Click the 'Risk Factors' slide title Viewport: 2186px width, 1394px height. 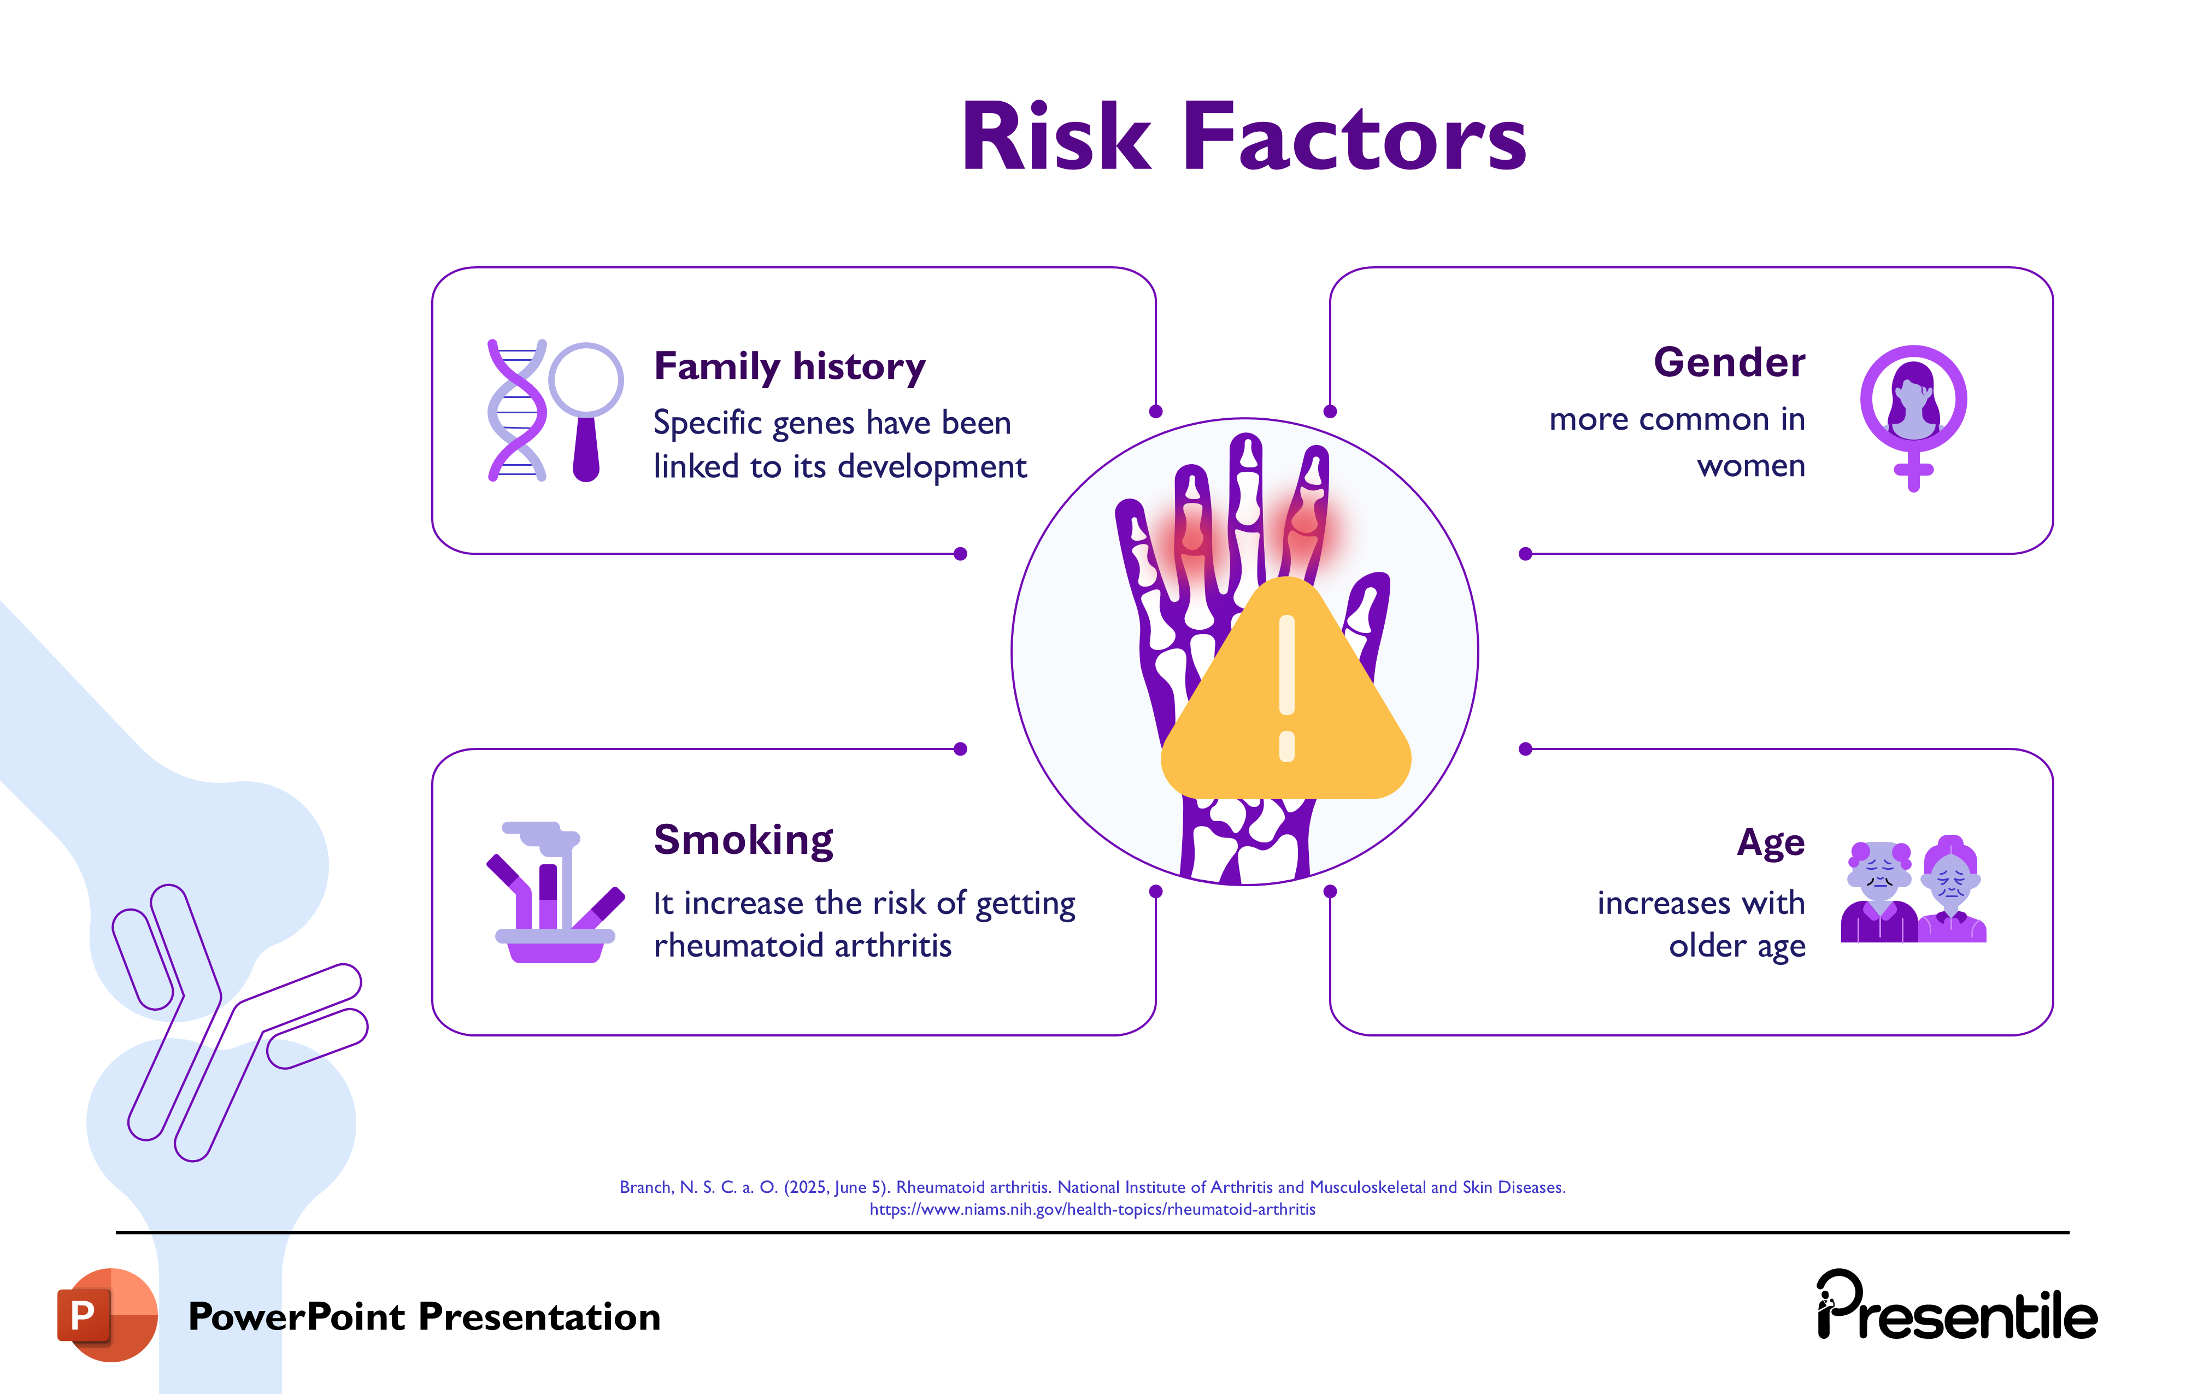pyautogui.click(x=1244, y=138)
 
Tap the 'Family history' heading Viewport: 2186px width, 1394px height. pyautogui.click(x=789, y=366)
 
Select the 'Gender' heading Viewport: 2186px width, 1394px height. pyautogui.click(x=1729, y=362)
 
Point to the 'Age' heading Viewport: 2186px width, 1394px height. pyautogui.click(x=1770, y=843)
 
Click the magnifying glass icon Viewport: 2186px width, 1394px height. pyautogui.click(x=586, y=409)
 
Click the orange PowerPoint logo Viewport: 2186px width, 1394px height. pyautogui.click(x=107, y=1314)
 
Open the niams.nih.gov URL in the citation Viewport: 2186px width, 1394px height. pyautogui.click(x=1092, y=1209)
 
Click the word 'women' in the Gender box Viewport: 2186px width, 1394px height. pyautogui.click(x=1750, y=466)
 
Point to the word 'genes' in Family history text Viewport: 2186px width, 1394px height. pyautogui.click(x=813, y=423)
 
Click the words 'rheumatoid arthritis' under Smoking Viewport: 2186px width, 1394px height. pyautogui.click(x=802, y=945)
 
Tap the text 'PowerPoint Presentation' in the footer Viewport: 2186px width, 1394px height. pyautogui.click(x=424, y=1317)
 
